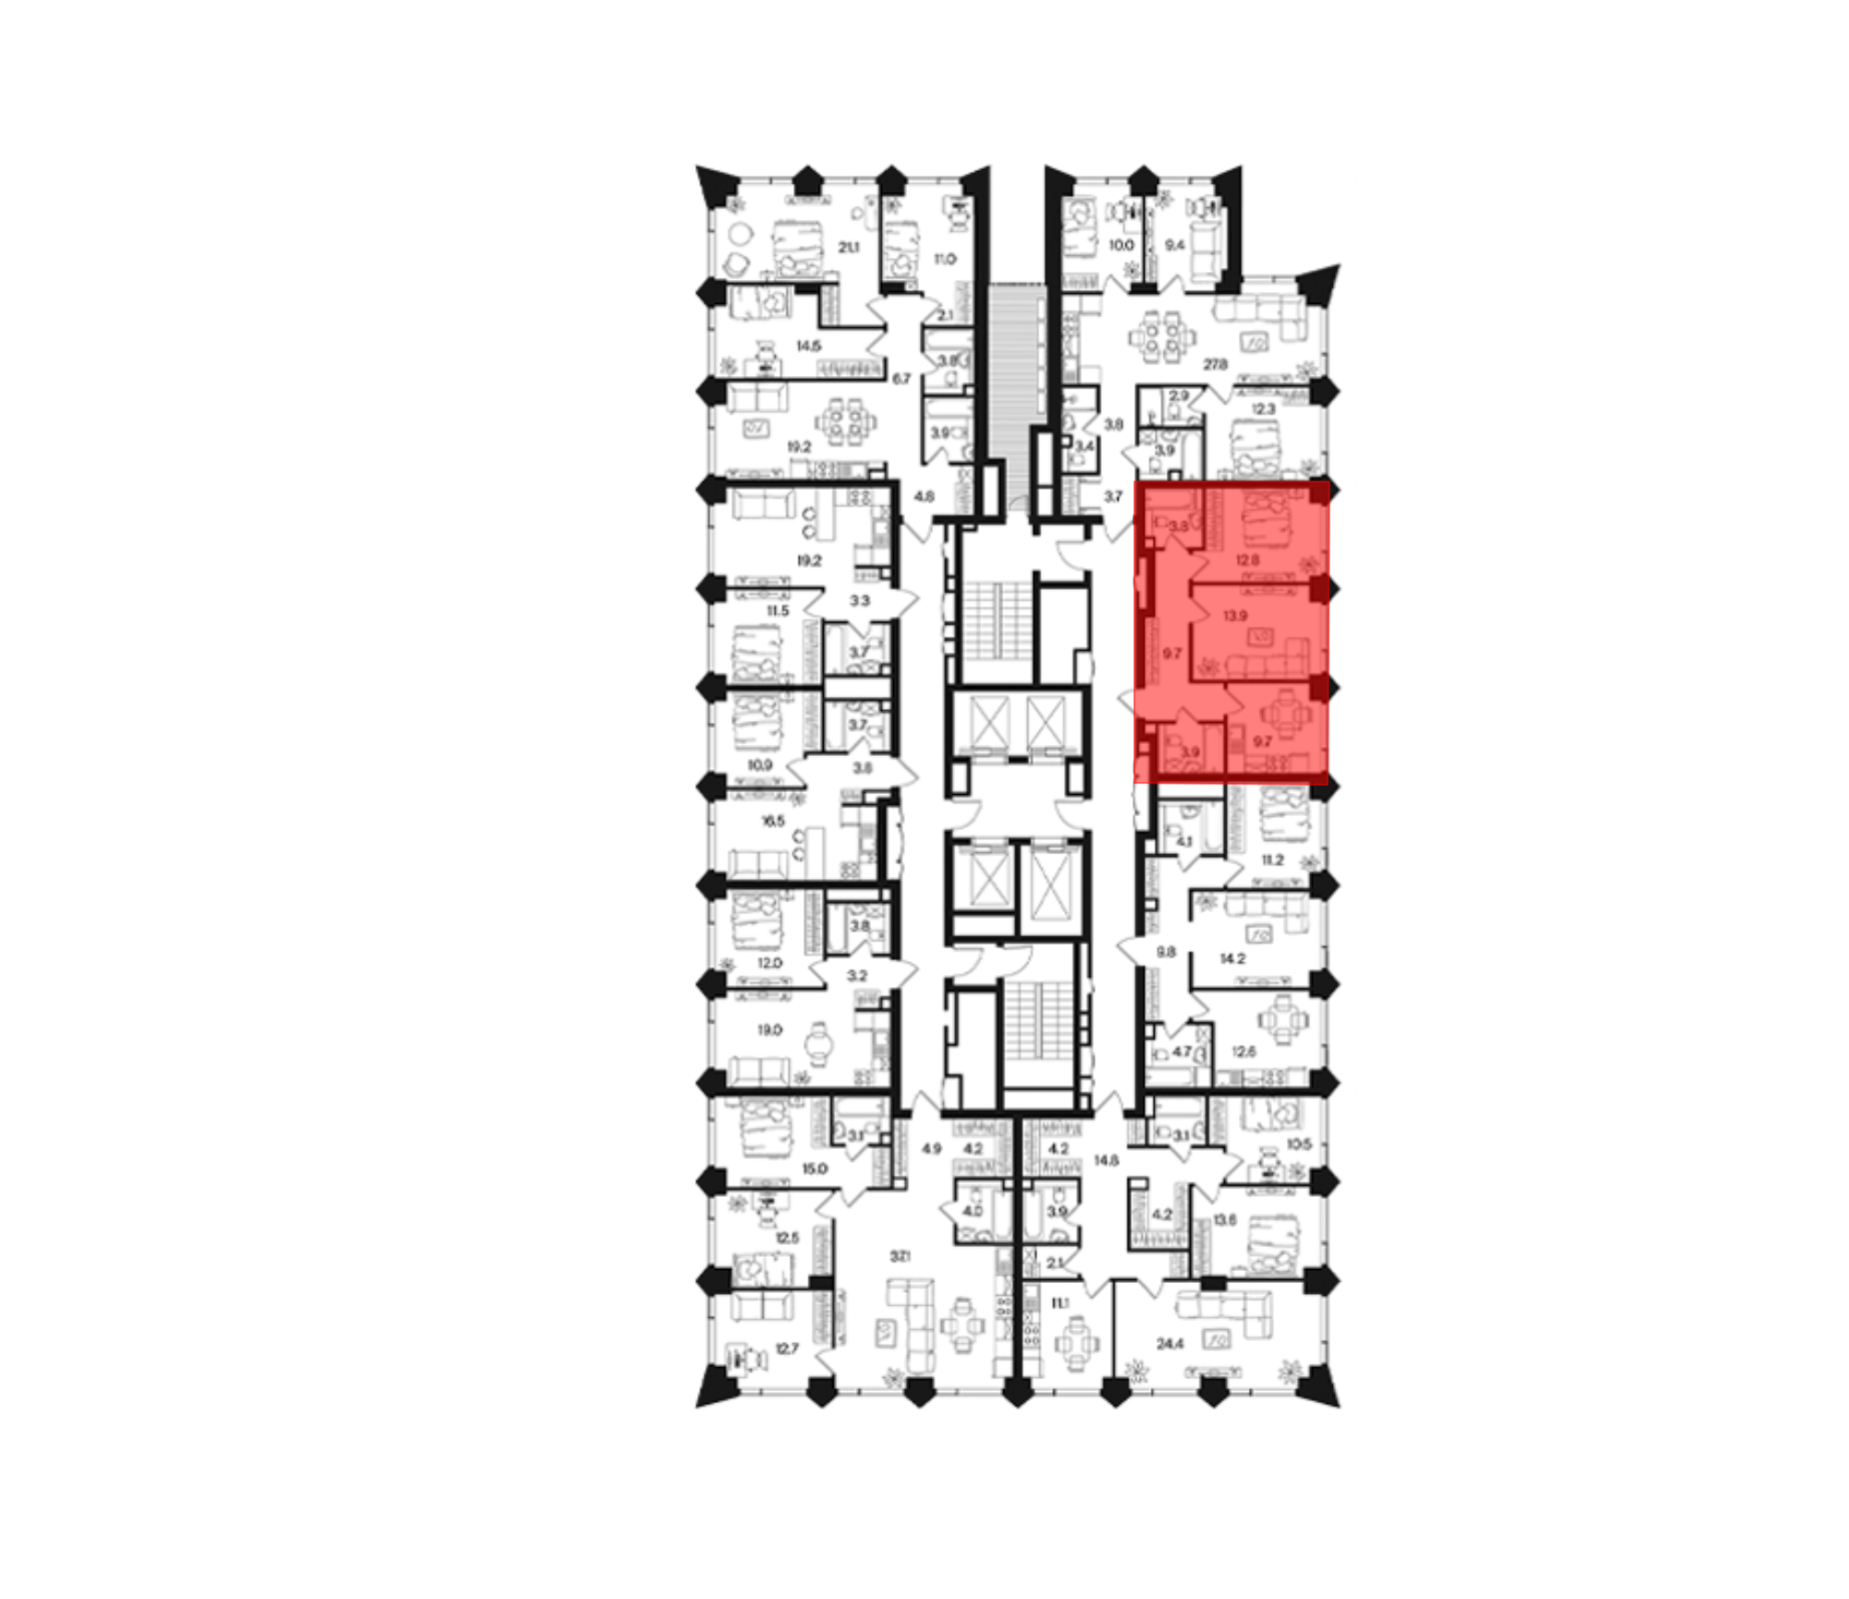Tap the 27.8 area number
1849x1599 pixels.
(x=1216, y=365)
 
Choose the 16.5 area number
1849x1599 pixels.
(x=772, y=821)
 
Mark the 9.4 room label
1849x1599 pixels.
(x=1175, y=246)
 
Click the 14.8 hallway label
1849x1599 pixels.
(x=1107, y=1160)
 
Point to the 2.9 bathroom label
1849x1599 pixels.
(x=1179, y=397)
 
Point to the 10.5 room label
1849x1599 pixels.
(x=1299, y=1144)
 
